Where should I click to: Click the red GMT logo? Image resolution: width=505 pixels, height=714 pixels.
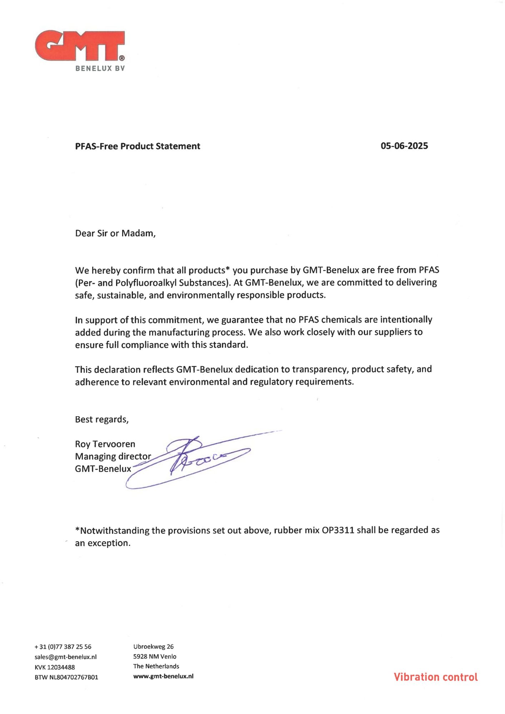tap(80, 46)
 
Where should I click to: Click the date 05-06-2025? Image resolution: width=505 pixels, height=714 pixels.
tap(404, 146)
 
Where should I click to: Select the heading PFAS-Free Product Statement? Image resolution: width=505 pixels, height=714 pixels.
tap(137, 146)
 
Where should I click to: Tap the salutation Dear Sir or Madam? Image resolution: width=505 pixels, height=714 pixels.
tap(115, 233)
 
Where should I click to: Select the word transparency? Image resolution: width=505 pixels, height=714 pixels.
tap(320, 369)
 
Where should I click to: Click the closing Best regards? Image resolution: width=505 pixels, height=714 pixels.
tap(101, 419)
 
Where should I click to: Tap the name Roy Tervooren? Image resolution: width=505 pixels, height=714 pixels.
tap(105, 444)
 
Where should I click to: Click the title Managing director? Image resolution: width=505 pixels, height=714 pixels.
tap(113, 456)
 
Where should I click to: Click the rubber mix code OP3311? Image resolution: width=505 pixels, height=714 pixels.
tap(338, 530)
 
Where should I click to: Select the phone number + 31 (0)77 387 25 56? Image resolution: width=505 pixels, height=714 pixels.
tap(63, 647)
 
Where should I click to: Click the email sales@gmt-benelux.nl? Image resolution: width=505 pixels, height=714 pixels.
tap(65, 657)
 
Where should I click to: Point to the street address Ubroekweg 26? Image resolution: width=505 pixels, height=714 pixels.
tap(153, 647)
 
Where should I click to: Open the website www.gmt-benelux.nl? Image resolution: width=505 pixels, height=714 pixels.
tap(163, 676)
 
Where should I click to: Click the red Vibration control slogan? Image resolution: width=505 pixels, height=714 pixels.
tap(435, 677)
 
